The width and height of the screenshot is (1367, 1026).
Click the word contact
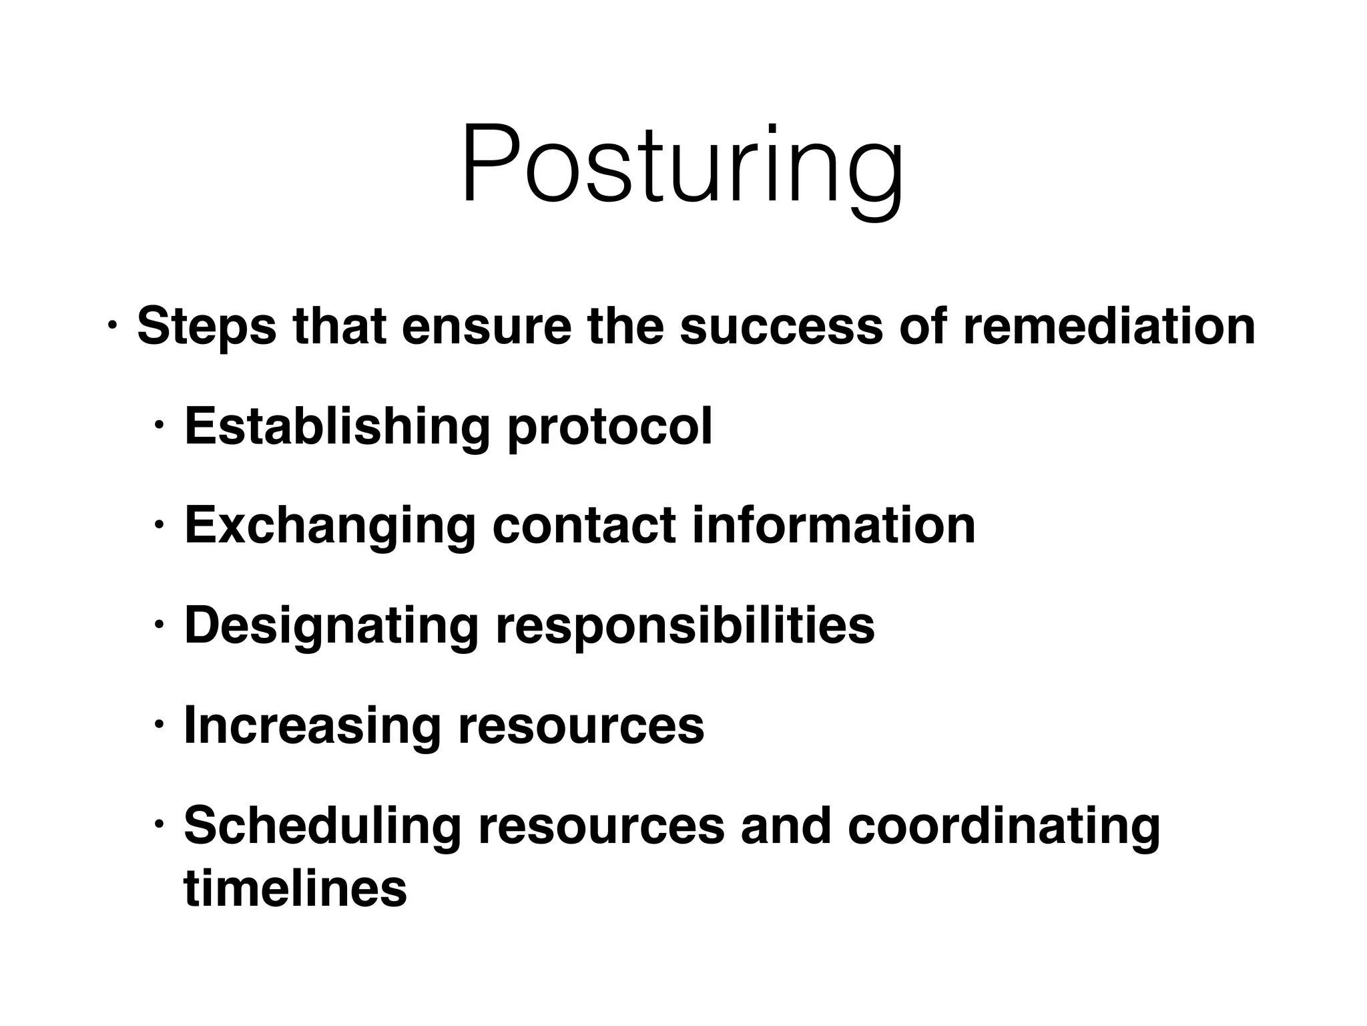coord(584,526)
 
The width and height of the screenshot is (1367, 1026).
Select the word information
coord(834,526)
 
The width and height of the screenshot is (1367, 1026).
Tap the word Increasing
coord(312,726)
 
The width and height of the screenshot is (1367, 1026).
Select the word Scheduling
coord(322,826)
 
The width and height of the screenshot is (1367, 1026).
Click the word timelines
coord(295,888)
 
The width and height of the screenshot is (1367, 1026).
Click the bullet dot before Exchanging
coord(158,526)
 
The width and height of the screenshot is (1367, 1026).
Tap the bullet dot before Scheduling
coord(158,826)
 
